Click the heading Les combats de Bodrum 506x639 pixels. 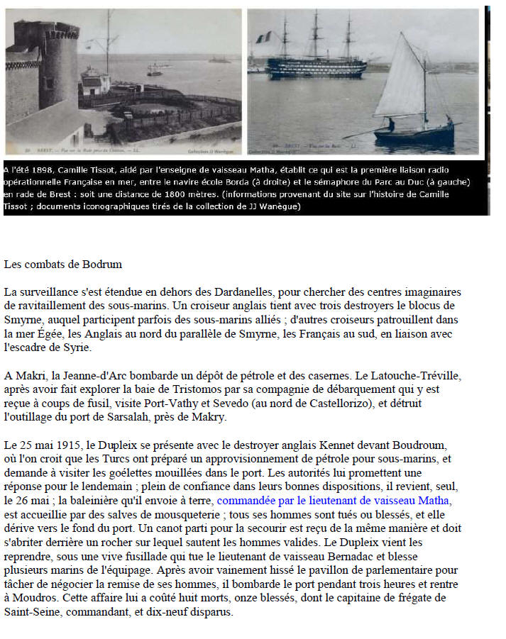(x=63, y=265)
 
